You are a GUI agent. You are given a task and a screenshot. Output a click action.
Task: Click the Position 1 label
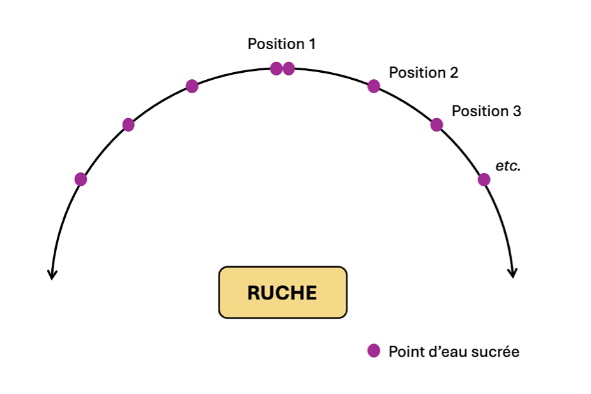coord(281,44)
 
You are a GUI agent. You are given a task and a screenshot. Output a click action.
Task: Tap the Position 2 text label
coord(423,73)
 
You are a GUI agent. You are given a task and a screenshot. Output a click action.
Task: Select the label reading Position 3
coord(486,111)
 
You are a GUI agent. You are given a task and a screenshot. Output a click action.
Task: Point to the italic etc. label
coord(508,166)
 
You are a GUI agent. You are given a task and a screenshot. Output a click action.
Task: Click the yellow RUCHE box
coord(282,292)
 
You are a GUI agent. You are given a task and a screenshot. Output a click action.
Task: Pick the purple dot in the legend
coord(374,351)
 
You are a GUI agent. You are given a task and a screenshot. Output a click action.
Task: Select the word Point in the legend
coord(404,352)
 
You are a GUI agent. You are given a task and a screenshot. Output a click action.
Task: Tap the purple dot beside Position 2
coord(374,86)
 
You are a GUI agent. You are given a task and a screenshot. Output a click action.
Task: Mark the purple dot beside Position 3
coord(436,125)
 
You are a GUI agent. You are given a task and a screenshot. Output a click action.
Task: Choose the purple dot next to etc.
coord(484,179)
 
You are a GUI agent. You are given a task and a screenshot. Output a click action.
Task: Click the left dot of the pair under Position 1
coord(276,68)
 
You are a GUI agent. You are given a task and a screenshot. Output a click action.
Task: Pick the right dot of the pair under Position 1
coord(289,68)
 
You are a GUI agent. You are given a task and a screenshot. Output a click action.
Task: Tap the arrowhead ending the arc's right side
coord(512,273)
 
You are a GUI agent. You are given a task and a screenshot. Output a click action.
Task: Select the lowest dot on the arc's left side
coord(81,179)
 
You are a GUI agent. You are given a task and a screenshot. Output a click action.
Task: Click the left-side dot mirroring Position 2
coord(192,86)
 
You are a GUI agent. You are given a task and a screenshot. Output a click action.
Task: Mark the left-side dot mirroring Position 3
coord(128,125)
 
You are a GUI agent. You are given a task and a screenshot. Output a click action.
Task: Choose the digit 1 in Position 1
coord(312,44)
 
